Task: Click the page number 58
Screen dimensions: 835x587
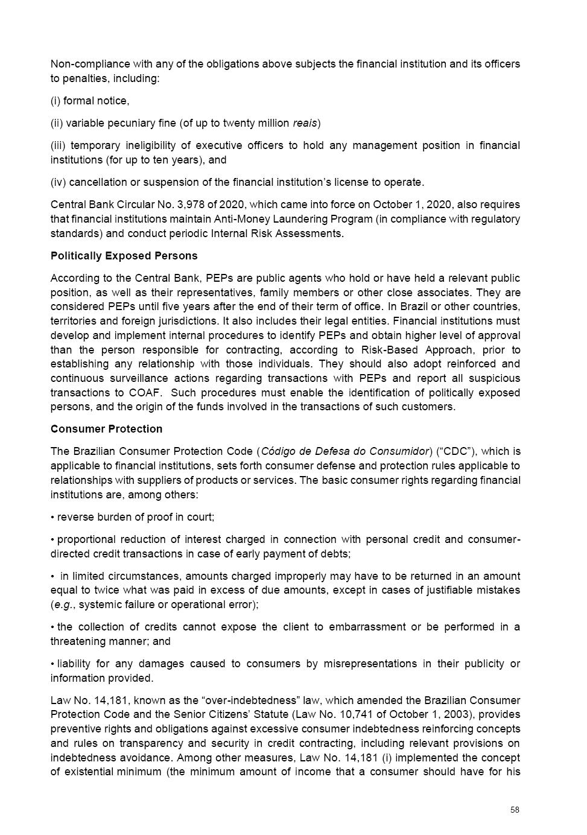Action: [x=514, y=810]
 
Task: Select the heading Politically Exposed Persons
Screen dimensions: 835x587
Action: [x=124, y=256]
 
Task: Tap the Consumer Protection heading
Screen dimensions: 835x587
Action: [x=106, y=429]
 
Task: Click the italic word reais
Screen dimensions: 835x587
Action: [x=305, y=123]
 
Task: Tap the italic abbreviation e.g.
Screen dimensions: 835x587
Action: [x=63, y=605]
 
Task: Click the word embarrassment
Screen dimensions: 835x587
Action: [x=367, y=627]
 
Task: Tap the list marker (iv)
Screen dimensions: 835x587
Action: [x=58, y=182]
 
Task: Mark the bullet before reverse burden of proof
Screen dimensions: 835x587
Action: [x=52, y=517]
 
